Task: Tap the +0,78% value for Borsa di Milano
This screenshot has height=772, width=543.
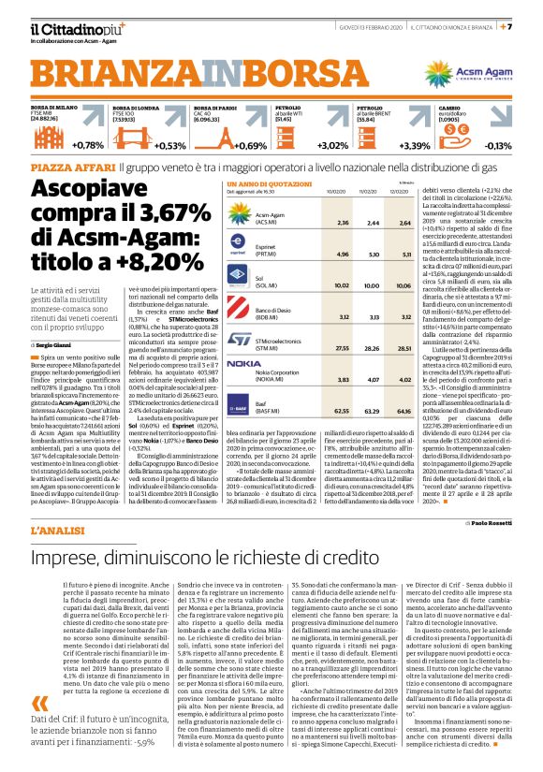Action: click(x=87, y=146)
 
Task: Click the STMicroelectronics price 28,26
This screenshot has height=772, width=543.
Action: click(x=374, y=347)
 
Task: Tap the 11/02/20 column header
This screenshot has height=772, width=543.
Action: click(x=374, y=190)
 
